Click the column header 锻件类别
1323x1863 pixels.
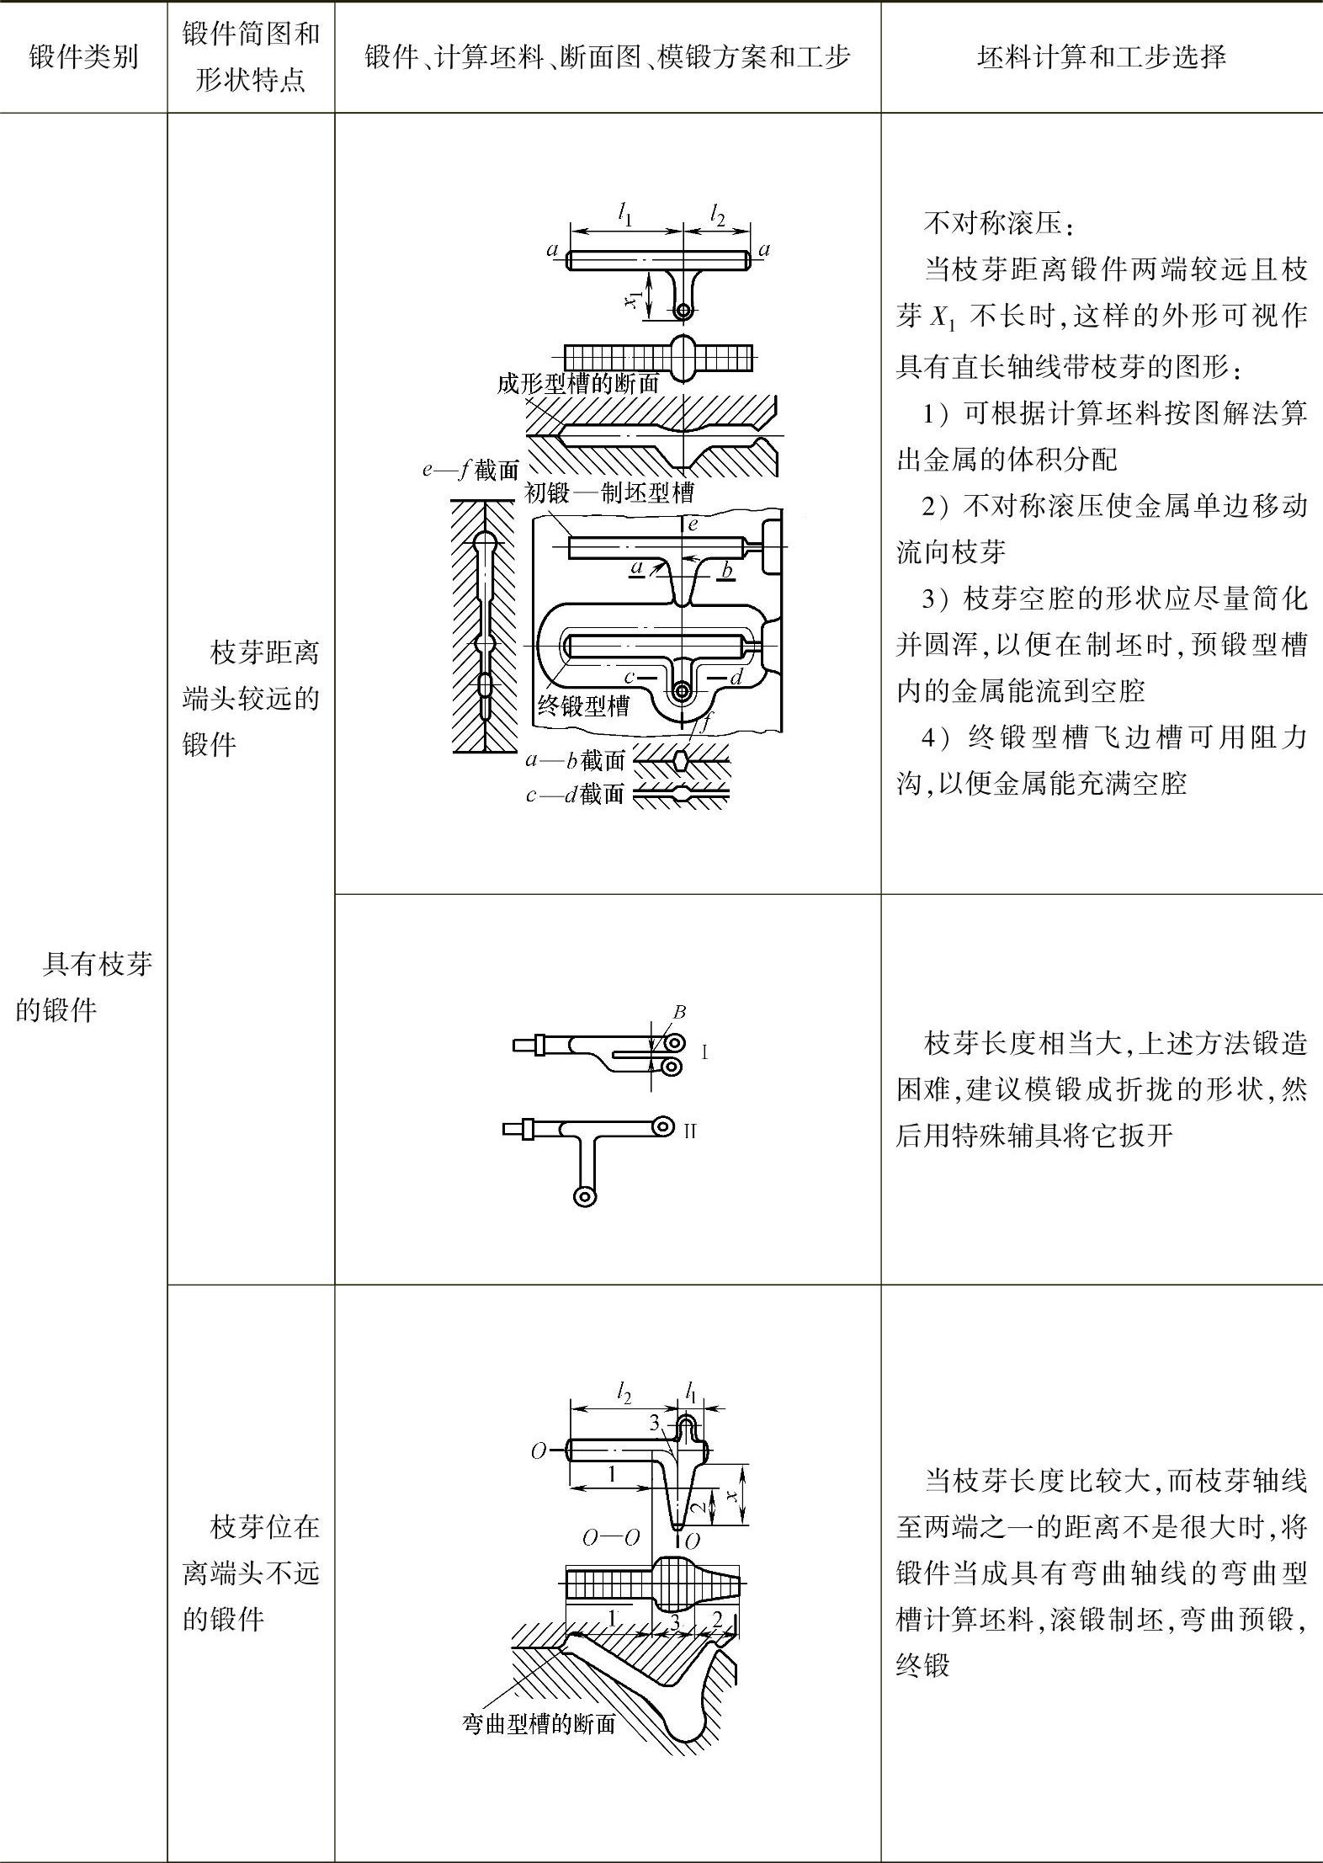(x=83, y=57)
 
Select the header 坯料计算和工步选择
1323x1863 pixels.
(x=1101, y=57)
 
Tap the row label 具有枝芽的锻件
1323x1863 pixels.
(x=83, y=986)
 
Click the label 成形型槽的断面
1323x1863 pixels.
(x=577, y=384)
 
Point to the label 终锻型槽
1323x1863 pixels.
(x=583, y=705)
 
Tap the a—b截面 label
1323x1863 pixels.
(x=575, y=760)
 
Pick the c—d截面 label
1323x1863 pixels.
(x=575, y=793)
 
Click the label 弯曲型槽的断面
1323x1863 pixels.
(x=539, y=1723)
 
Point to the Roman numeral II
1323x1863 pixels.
(x=690, y=1131)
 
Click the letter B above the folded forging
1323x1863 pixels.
(x=679, y=1012)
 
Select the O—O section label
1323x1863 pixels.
(x=611, y=1537)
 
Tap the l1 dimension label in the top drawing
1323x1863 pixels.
(x=624, y=216)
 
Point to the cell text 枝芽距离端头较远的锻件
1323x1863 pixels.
(x=251, y=698)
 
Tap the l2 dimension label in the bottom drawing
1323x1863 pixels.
(x=624, y=1394)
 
